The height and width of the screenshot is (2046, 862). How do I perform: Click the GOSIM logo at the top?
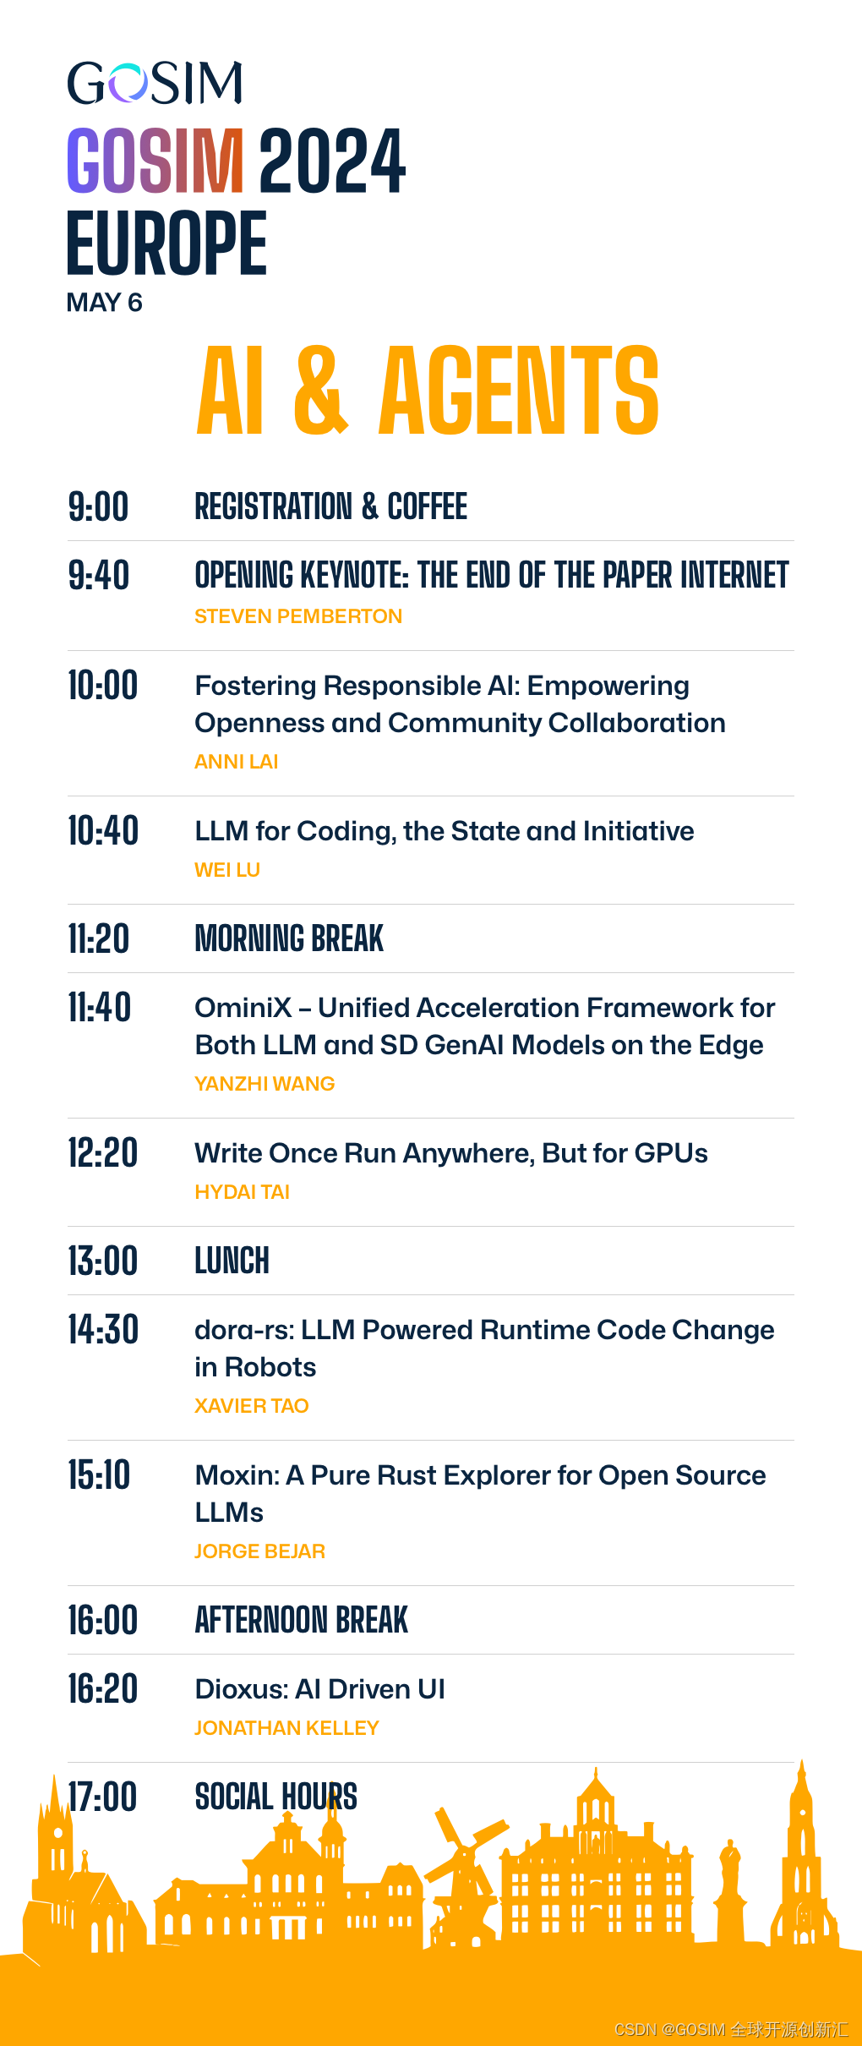tap(155, 83)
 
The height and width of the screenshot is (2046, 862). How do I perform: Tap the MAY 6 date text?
tap(104, 303)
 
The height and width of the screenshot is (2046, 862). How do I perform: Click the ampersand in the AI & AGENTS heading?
tap(321, 391)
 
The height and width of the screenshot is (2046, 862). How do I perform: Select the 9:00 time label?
tap(98, 507)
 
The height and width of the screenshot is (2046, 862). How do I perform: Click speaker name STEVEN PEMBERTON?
tap(298, 616)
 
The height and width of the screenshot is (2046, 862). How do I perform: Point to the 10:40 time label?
tap(103, 831)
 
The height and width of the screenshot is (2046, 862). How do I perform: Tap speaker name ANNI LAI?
tap(237, 762)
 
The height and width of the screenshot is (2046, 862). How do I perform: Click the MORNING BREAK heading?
tap(289, 938)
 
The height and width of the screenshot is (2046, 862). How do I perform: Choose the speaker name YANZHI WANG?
tap(265, 1084)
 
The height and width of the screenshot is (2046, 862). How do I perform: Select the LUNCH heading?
tap(232, 1261)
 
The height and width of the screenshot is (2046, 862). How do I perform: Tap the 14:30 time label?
tap(103, 1330)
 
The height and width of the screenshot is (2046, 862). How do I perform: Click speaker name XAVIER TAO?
tap(252, 1406)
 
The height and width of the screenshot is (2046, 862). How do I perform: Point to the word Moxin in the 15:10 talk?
tap(237, 1475)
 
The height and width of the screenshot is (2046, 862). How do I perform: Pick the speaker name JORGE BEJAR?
tap(259, 1551)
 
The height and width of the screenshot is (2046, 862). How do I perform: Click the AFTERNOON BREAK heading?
tap(301, 1620)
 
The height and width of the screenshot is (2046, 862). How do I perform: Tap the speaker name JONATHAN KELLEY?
tap(286, 1728)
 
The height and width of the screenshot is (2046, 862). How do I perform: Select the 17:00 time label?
tap(102, 1797)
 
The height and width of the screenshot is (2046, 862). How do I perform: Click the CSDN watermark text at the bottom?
tap(731, 2029)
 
